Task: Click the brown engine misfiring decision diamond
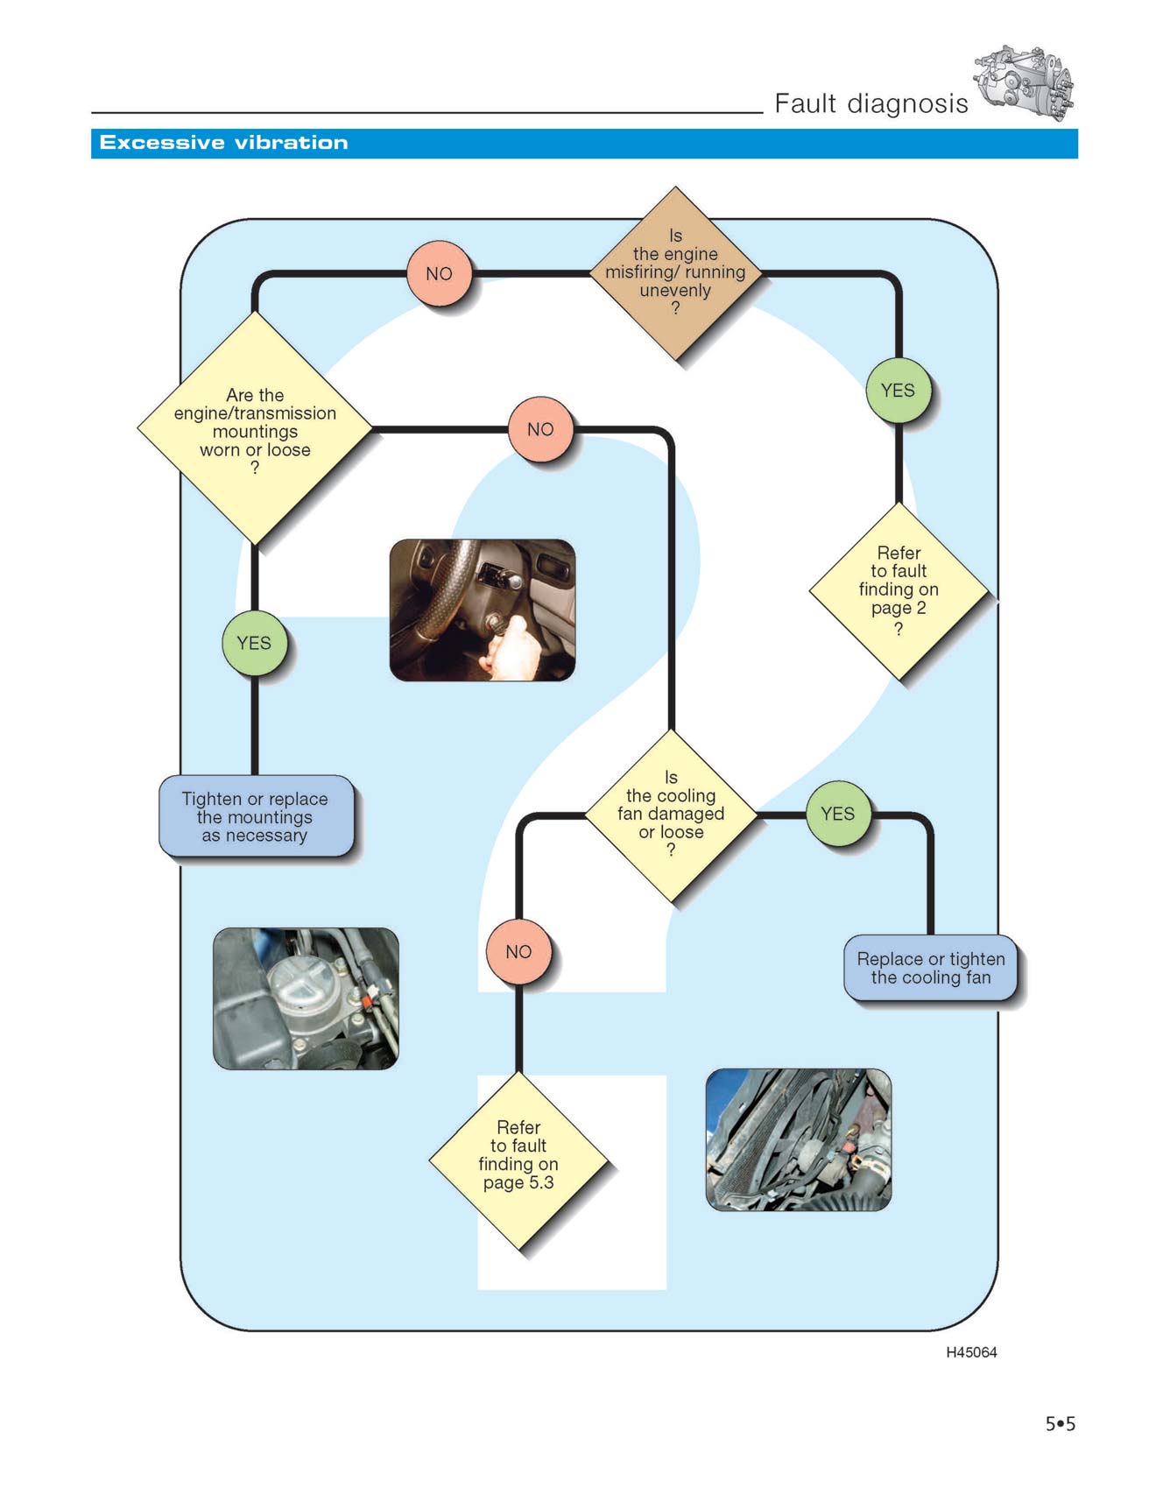[x=675, y=273]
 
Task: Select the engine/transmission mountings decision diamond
[x=255, y=429]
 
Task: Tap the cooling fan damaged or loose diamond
[x=671, y=815]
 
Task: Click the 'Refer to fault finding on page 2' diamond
[x=899, y=590]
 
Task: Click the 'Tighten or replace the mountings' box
[x=256, y=816]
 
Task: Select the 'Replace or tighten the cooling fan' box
[x=931, y=968]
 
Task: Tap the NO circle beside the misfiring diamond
[x=439, y=273]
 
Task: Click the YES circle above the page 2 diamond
[x=898, y=391]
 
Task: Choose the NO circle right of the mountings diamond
[x=540, y=429]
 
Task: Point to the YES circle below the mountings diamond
[x=254, y=643]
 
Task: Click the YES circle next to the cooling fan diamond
[x=837, y=814]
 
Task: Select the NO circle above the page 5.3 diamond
[x=518, y=952]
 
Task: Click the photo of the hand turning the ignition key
[x=483, y=610]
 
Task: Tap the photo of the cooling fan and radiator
[x=799, y=1139]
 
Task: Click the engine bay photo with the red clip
[x=306, y=998]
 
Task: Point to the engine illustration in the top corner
[x=1024, y=83]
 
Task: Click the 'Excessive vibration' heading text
[x=223, y=143]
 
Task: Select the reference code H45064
[x=971, y=1352]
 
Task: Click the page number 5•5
[x=1060, y=1424]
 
